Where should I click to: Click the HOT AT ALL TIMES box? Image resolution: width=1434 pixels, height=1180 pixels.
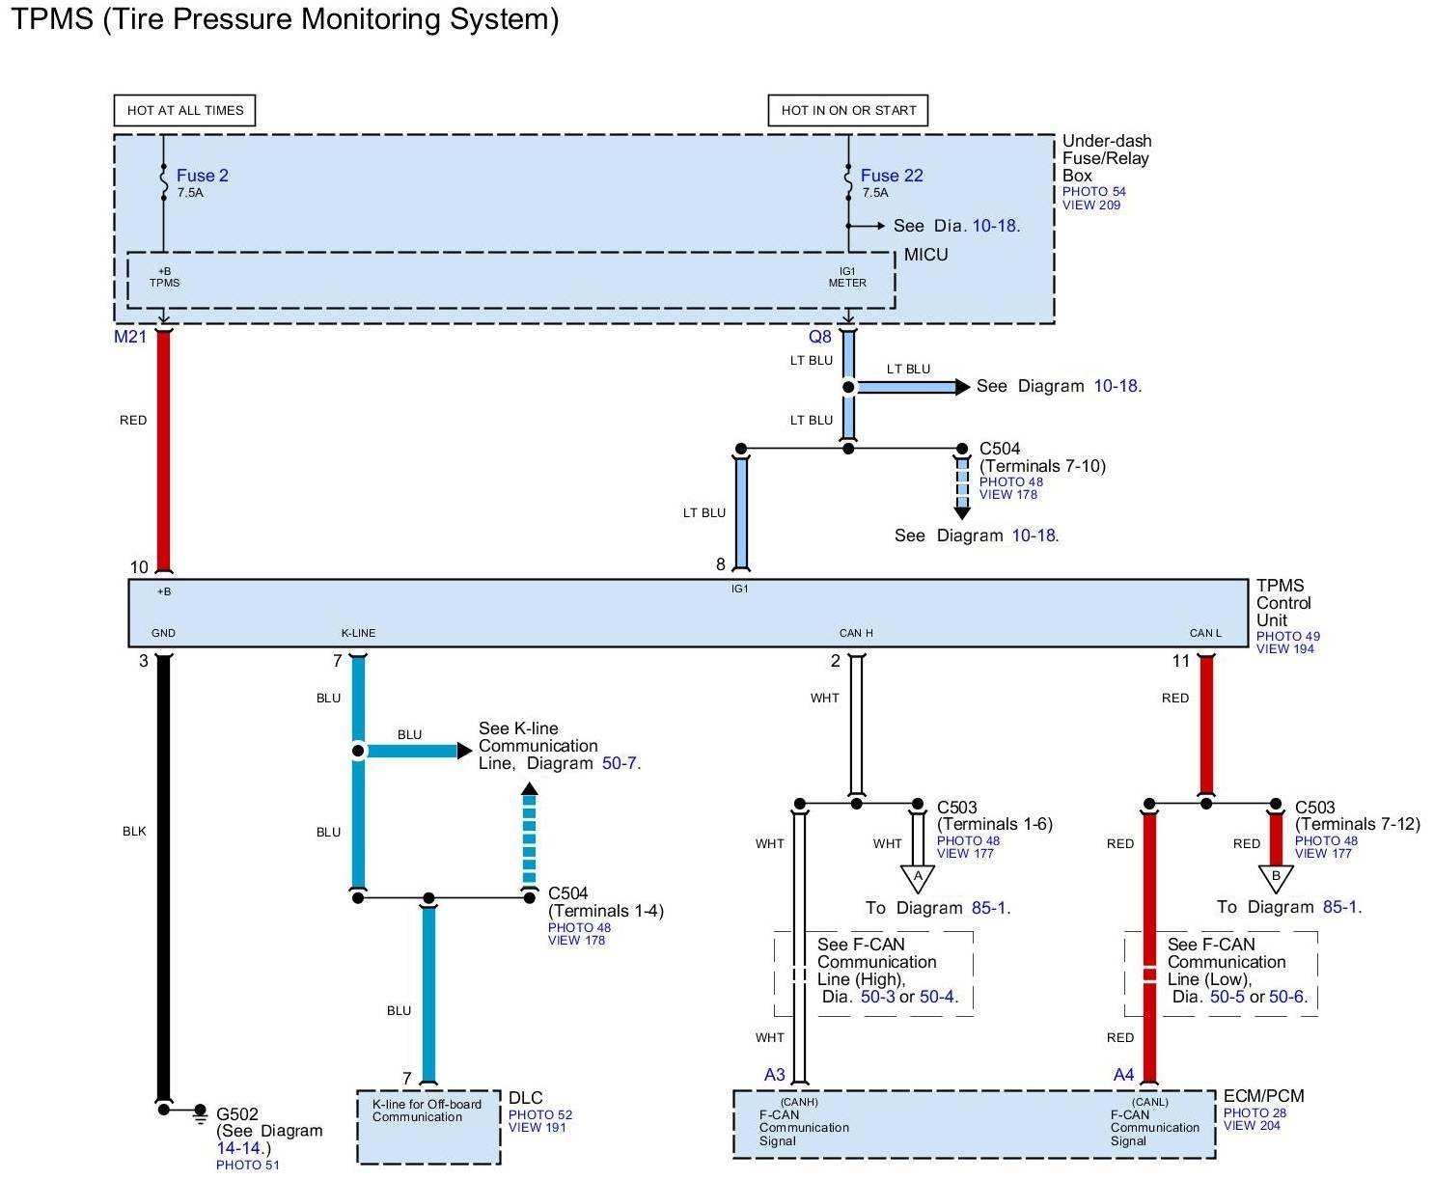click(185, 110)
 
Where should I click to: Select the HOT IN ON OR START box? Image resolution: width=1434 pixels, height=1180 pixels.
click(848, 110)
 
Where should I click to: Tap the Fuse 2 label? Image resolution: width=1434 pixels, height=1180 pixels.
click(203, 176)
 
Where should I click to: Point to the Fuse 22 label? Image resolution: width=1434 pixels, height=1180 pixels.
click(892, 176)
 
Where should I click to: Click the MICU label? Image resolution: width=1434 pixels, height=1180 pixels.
click(925, 255)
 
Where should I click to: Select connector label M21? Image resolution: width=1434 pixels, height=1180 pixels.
click(130, 337)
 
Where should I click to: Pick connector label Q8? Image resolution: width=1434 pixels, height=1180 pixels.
click(819, 337)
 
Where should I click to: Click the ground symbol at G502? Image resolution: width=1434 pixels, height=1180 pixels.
click(200, 1111)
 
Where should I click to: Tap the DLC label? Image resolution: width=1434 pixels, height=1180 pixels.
click(526, 1098)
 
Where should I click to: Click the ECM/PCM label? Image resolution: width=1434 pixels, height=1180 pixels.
click(1263, 1096)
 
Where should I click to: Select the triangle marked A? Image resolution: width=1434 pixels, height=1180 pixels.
click(918, 877)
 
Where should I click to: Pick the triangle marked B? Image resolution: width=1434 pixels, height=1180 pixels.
click(1276, 877)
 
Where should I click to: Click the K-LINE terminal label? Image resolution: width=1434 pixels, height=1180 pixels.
click(358, 633)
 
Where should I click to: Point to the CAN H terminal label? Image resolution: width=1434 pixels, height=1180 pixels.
click(856, 633)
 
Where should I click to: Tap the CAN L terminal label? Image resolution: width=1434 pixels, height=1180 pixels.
click(1205, 633)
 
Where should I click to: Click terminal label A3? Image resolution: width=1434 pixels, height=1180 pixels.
click(775, 1075)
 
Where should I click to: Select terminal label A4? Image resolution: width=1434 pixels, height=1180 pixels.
click(1124, 1075)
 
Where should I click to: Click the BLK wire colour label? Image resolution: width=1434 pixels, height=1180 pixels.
click(134, 831)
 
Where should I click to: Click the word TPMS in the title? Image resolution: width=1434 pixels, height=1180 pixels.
click(50, 19)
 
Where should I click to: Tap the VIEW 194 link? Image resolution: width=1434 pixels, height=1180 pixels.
click(1284, 648)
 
